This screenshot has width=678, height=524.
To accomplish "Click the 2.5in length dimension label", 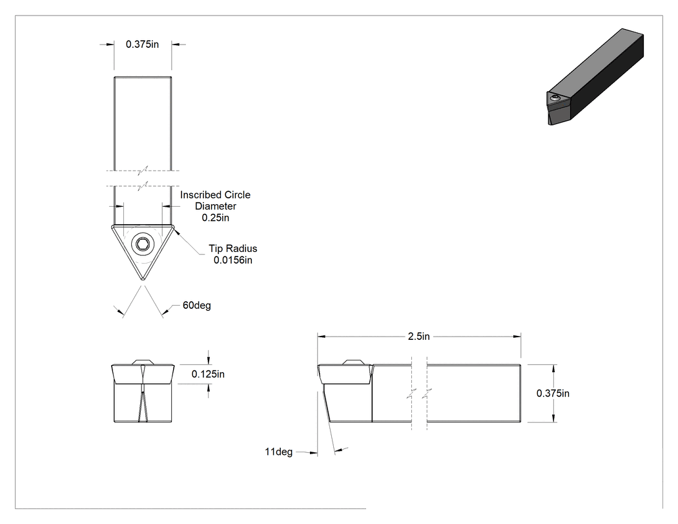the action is pos(418,336).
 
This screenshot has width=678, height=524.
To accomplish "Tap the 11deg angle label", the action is pos(278,452).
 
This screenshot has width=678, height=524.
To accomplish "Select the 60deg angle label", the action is pos(197,305).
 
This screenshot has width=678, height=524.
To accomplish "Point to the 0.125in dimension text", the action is pos(208,374).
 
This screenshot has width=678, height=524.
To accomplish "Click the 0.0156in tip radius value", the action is pos(232,260).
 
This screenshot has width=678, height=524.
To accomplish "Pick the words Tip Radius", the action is pos(233,248).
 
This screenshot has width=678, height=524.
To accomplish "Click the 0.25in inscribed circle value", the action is pos(215,218).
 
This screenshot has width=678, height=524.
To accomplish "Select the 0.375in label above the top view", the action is pos(142,44).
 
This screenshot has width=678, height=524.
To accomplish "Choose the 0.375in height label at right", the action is pos(553,393).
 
